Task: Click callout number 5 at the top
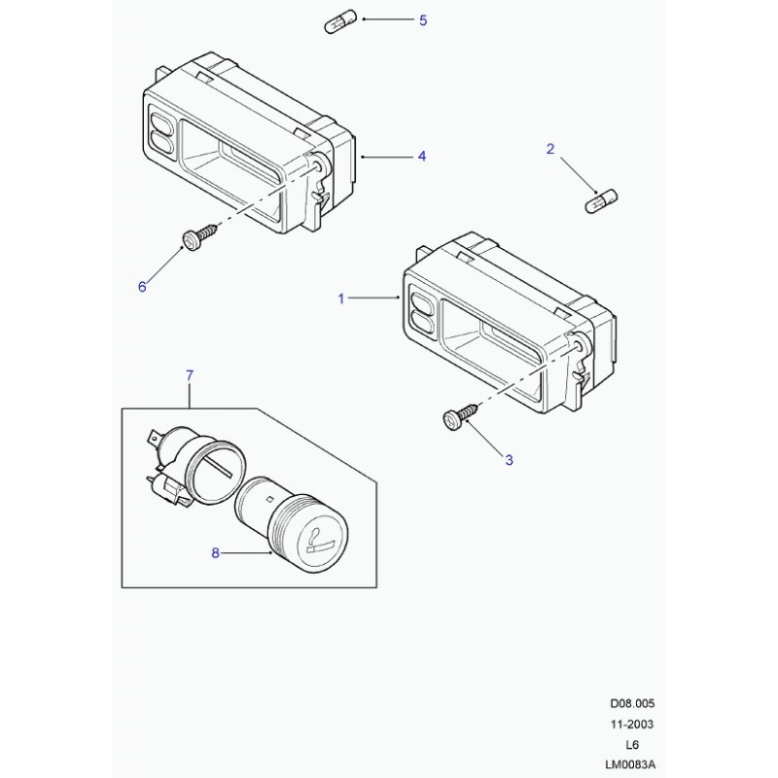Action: [423, 20]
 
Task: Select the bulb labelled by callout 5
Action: [339, 21]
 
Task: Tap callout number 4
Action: [422, 157]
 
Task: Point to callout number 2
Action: [550, 149]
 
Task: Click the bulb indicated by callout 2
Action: [602, 201]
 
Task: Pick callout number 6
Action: [142, 287]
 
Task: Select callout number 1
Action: [341, 299]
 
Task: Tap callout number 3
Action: [509, 460]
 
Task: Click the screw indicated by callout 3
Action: [460, 416]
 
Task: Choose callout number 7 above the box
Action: [190, 376]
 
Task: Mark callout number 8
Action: [215, 552]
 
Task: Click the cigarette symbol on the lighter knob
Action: [320, 543]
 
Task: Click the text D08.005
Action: [632, 703]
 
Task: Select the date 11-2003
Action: [632, 725]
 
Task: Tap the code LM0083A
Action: [630, 765]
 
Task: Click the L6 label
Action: [632, 745]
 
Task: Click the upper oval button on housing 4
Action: [161, 124]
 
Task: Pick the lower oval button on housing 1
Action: [422, 324]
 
